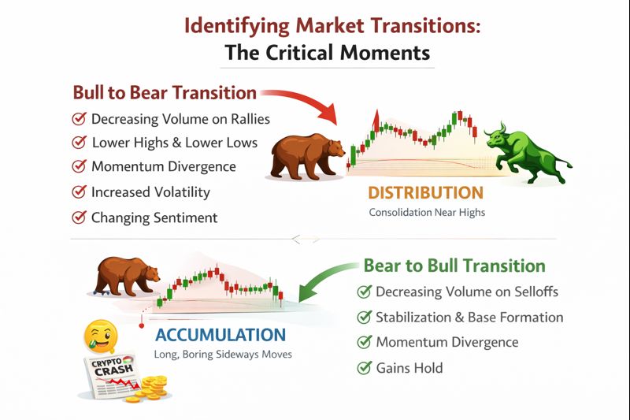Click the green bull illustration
coord(526,153)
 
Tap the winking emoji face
coord(101,335)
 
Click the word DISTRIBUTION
coord(426,193)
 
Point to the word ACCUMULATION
coord(220,335)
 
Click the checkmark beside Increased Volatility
coord(80,192)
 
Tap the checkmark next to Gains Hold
coord(364,368)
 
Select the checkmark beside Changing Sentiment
coord(80,217)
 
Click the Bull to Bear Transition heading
coord(165,92)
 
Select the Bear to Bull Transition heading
coord(454,266)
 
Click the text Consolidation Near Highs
coord(427,212)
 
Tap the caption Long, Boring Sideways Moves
coord(223,355)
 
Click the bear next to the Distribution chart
coord(307,157)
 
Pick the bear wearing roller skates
coord(127,277)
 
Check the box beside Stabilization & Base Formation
coord(364,317)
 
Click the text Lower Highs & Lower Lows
coord(175,143)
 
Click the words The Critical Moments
coord(328,53)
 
